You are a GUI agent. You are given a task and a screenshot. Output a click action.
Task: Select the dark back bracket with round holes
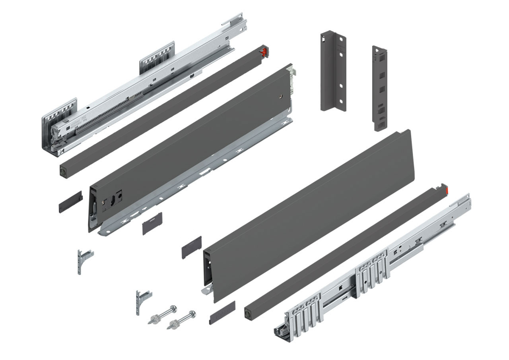point(333,72)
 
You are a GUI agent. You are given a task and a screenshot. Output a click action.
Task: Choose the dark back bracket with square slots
point(379,88)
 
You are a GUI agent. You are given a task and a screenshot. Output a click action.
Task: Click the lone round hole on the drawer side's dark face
point(282,96)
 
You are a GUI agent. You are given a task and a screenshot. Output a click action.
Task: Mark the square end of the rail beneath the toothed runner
point(64,171)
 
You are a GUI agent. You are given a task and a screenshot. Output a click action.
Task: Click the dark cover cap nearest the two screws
point(222,312)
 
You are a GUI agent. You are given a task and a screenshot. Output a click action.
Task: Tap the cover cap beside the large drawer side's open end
point(192,247)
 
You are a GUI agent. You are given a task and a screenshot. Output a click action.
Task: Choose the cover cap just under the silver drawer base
point(152,223)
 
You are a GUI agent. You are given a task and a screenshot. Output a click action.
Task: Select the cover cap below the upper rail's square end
point(70,201)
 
